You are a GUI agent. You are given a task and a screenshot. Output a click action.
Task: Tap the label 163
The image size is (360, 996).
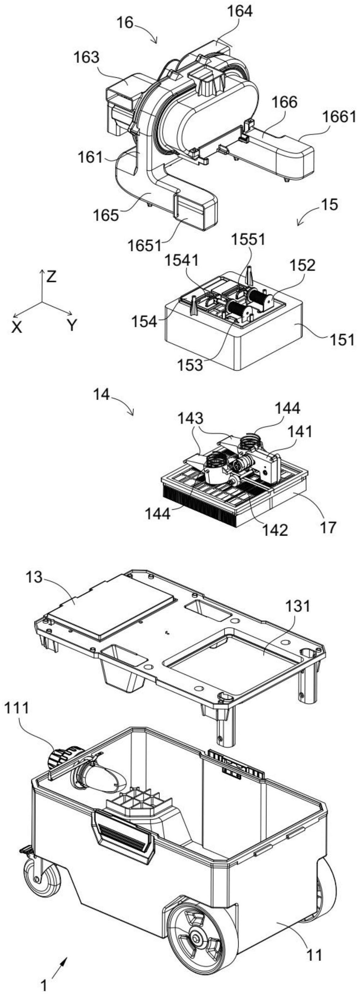(x=87, y=58)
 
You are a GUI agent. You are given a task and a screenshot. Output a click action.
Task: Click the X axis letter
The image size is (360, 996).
(x=17, y=328)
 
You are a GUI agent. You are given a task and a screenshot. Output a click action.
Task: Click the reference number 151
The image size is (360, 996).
(x=342, y=340)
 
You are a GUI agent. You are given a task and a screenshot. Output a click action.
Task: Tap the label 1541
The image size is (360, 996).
(x=182, y=260)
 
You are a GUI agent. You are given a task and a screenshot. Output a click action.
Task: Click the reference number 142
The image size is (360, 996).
(x=276, y=530)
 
